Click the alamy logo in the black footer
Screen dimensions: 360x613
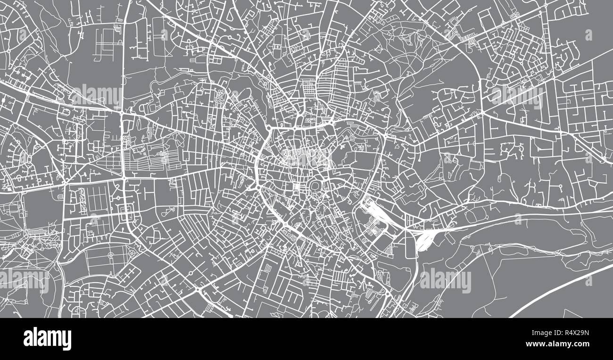47,339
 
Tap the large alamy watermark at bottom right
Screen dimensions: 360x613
445,280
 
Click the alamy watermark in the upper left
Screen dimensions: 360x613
96,95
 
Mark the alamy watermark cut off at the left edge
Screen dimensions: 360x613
24,280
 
